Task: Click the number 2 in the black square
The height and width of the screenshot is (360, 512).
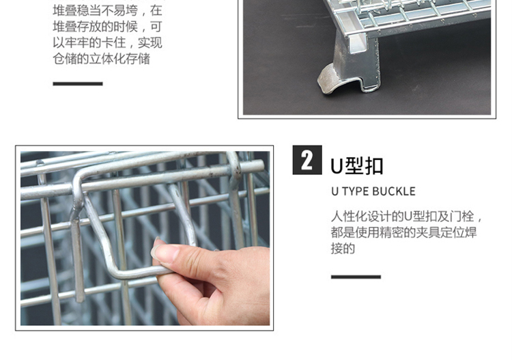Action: click(x=307, y=160)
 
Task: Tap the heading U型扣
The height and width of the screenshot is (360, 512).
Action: click(x=356, y=166)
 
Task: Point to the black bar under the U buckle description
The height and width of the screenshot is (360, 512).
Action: click(x=356, y=277)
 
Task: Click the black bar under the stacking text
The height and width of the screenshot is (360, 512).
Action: click(x=78, y=83)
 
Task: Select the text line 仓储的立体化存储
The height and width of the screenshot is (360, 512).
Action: click(x=102, y=59)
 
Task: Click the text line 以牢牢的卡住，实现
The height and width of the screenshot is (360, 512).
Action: click(x=107, y=42)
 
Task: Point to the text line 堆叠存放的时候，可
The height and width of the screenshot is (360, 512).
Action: click(x=107, y=27)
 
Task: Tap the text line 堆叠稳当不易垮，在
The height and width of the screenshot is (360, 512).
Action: click(x=107, y=10)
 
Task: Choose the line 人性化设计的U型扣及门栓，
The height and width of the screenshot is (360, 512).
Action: click(x=407, y=217)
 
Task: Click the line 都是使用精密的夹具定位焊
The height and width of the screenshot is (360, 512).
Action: click(x=403, y=232)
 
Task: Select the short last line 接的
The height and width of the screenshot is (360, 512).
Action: click(x=343, y=248)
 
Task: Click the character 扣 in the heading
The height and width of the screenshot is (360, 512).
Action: click(x=374, y=166)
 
